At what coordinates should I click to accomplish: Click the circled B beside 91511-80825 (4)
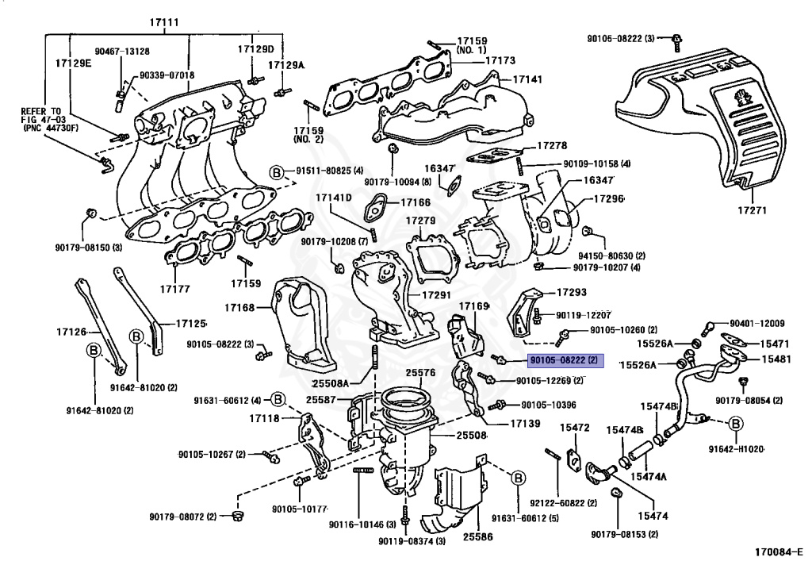(x=276, y=171)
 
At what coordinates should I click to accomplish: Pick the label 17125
(x=190, y=324)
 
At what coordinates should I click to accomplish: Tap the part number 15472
(x=575, y=428)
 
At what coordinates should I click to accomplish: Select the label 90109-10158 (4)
(x=597, y=164)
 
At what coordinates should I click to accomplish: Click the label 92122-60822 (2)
(x=557, y=502)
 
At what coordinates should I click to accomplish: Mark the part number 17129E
(x=73, y=62)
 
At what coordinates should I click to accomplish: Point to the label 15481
(x=776, y=359)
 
